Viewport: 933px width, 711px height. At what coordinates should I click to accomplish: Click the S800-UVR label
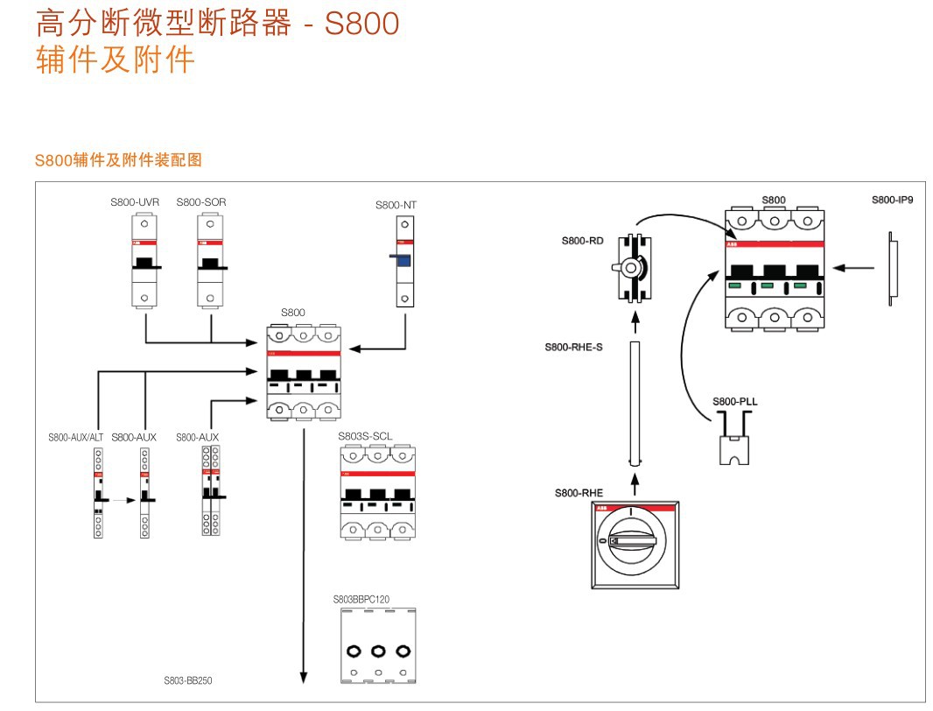[135, 202]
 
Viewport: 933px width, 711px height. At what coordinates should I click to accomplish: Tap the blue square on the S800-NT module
[403, 260]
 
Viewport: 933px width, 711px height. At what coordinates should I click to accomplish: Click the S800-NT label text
[396, 205]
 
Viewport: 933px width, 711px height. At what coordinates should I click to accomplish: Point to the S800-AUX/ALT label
[76, 437]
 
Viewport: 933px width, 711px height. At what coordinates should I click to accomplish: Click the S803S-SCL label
[365, 435]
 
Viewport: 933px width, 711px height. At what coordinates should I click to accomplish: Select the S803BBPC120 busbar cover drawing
[378, 646]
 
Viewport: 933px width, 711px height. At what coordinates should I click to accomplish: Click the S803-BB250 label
[188, 680]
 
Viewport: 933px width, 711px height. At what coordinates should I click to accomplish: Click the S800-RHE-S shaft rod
[635, 403]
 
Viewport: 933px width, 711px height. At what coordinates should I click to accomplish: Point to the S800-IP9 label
[892, 200]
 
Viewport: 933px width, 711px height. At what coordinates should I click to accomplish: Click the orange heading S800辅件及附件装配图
[118, 160]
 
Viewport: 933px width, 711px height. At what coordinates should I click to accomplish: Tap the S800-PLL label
[734, 401]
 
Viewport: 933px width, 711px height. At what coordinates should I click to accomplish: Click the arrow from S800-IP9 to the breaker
[854, 267]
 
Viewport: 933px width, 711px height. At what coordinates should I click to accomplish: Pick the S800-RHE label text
[579, 493]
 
